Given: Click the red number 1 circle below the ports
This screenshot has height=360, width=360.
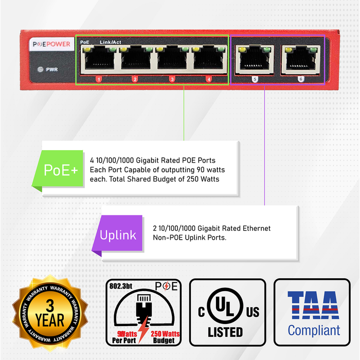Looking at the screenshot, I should click(98, 79).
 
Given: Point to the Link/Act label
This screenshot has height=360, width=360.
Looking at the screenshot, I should click(110, 42).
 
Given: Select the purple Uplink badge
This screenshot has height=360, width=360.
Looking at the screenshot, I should click(118, 236).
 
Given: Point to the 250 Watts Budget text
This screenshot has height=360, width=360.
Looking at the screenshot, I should click(166, 337).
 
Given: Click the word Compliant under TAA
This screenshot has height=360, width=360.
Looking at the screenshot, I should click(313, 330).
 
